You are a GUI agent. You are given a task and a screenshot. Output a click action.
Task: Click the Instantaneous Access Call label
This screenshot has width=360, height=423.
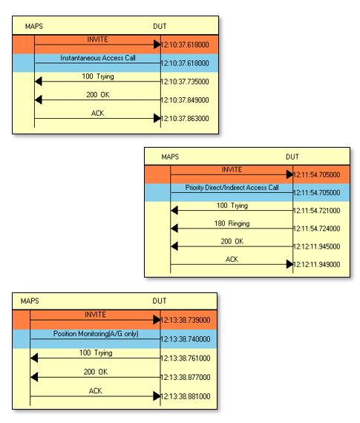[98, 58]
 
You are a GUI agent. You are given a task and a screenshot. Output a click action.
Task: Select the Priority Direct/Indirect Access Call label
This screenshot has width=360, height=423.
[232, 188]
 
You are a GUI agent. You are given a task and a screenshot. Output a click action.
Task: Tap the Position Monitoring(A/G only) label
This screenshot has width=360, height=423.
[96, 334]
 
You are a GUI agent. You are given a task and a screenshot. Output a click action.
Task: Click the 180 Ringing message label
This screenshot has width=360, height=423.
[232, 223]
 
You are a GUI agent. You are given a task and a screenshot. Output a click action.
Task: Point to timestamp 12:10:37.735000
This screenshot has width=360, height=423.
[185, 82]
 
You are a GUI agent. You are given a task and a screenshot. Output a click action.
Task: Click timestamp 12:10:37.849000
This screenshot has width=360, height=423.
[185, 100]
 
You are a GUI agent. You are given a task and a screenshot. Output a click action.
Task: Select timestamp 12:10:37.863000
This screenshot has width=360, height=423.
[185, 119]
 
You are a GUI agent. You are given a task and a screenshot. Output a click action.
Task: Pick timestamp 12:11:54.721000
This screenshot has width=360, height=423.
[316, 211]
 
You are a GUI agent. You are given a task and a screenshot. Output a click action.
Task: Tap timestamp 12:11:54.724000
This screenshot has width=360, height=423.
[316, 229]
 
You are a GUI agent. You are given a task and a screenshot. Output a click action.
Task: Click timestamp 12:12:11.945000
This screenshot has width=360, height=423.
[316, 246]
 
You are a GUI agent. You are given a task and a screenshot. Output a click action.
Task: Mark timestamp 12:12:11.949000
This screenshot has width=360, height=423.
[316, 265]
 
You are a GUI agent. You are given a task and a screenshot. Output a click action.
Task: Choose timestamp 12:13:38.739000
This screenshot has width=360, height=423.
[186, 320]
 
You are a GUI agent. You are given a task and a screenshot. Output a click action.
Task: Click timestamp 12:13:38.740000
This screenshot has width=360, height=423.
[186, 339]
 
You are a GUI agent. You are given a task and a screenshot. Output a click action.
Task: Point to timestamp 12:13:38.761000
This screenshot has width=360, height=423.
[186, 358]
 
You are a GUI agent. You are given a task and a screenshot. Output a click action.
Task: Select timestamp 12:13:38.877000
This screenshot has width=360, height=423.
[186, 377]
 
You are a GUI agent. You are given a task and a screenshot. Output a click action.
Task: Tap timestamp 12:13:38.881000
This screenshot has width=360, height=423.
[186, 396]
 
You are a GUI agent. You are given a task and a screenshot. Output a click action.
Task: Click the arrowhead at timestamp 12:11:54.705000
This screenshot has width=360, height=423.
[289, 174]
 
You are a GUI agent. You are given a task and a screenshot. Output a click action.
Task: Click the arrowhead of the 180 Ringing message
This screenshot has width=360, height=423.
[174, 229]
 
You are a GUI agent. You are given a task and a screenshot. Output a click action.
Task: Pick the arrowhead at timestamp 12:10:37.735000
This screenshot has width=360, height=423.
[39, 81]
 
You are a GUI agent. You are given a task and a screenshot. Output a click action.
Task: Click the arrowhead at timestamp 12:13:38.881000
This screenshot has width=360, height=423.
[157, 396]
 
